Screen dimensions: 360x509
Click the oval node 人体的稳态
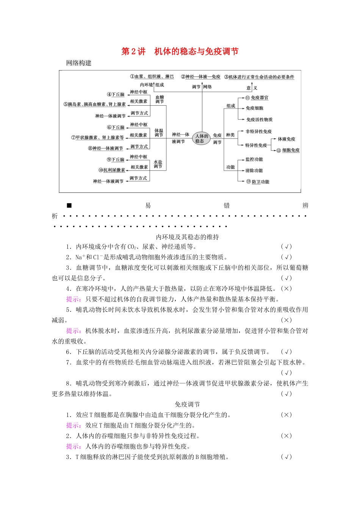click(202, 138)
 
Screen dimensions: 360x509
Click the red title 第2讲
click(133, 52)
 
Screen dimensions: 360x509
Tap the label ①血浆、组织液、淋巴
click(152, 77)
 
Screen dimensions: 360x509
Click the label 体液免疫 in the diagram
click(286, 139)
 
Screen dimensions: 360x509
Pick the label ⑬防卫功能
click(258, 182)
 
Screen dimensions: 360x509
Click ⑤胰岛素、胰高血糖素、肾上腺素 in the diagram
click(94, 104)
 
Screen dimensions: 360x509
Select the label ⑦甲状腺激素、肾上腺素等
click(97, 137)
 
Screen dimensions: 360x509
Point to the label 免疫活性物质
click(259, 120)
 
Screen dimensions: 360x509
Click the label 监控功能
click(254, 159)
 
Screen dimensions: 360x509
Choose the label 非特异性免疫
click(258, 131)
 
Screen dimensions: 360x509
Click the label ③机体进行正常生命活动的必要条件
click(259, 77)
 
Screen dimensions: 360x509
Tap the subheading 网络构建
click(79, 63)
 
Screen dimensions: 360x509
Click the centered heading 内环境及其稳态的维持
click(188, 237)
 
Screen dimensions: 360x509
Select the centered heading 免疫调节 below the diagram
click(188, 404)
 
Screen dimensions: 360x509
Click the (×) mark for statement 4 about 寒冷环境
click(286, 289)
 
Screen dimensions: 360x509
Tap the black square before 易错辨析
click(69, 206)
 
